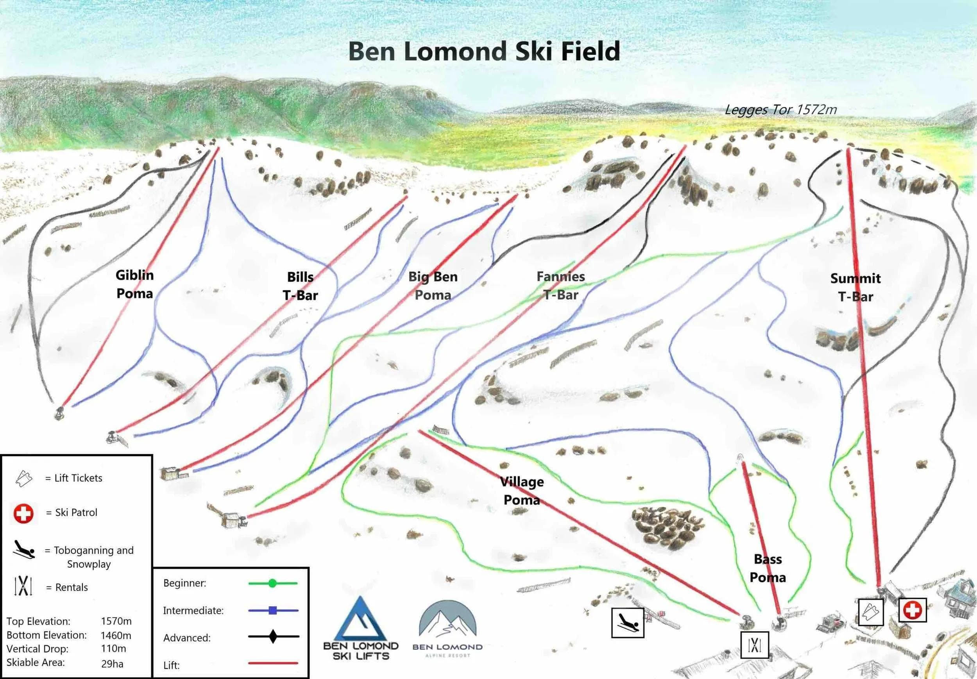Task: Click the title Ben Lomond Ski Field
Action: click(484, 52)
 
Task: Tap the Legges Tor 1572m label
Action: click(780, 110)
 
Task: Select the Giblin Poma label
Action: click(134, 284)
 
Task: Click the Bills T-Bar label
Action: click(301, 286)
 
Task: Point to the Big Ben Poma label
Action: click(433, 286)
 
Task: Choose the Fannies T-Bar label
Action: click(560, 286)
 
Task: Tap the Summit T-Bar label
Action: click(855, 287)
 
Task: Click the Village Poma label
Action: click(522, 491)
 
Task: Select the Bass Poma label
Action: click(768, 568)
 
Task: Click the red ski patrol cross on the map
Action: click(912, 611)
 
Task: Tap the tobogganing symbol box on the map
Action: click(628, 623)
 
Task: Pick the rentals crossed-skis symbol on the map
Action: click(755, 645)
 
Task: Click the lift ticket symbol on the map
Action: click(871, 612)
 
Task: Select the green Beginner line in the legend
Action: click(273, 583)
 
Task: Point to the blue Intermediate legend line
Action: click(273, 611)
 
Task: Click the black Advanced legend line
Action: click(273, 637)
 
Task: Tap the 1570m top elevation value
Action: click(116, 621)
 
